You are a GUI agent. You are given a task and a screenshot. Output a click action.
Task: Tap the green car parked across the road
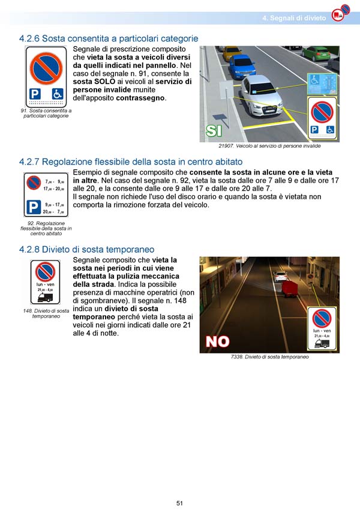pos(316,52)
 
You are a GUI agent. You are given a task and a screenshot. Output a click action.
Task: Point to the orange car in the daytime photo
pos(232,53)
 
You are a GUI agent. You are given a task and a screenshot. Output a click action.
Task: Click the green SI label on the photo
pos(214,130)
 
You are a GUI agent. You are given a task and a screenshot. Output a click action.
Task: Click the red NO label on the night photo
pos(217,341)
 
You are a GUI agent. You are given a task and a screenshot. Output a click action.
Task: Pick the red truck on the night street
pos(290,288)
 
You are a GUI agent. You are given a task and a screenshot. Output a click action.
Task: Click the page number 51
pos(179,503)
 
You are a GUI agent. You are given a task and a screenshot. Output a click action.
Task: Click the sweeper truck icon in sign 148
pos(45,297)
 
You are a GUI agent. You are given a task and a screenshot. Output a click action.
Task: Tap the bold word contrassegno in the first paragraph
pos(140,98)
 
